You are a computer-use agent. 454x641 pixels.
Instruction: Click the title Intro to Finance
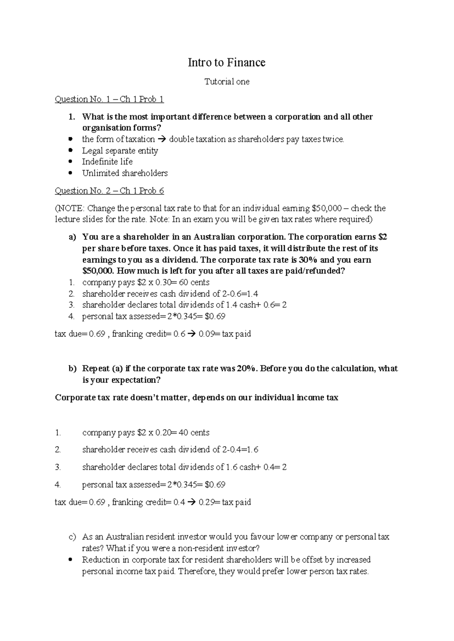227,62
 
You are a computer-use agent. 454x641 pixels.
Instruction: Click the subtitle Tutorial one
227,82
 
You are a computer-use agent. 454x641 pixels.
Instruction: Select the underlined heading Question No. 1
109,99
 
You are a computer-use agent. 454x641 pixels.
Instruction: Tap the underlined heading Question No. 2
109,191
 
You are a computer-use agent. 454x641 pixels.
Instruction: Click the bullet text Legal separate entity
120,151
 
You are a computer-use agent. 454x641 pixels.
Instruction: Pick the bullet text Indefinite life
107,162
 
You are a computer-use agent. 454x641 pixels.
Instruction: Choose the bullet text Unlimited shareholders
125,173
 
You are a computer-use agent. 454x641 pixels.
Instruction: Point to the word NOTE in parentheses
72,208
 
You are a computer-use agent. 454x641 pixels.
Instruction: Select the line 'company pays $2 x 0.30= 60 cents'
146,282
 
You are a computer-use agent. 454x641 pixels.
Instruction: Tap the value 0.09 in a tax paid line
206,334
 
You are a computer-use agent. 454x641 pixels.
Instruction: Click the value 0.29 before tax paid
206,502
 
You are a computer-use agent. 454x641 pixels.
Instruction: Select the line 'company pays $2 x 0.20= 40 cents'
146,432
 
